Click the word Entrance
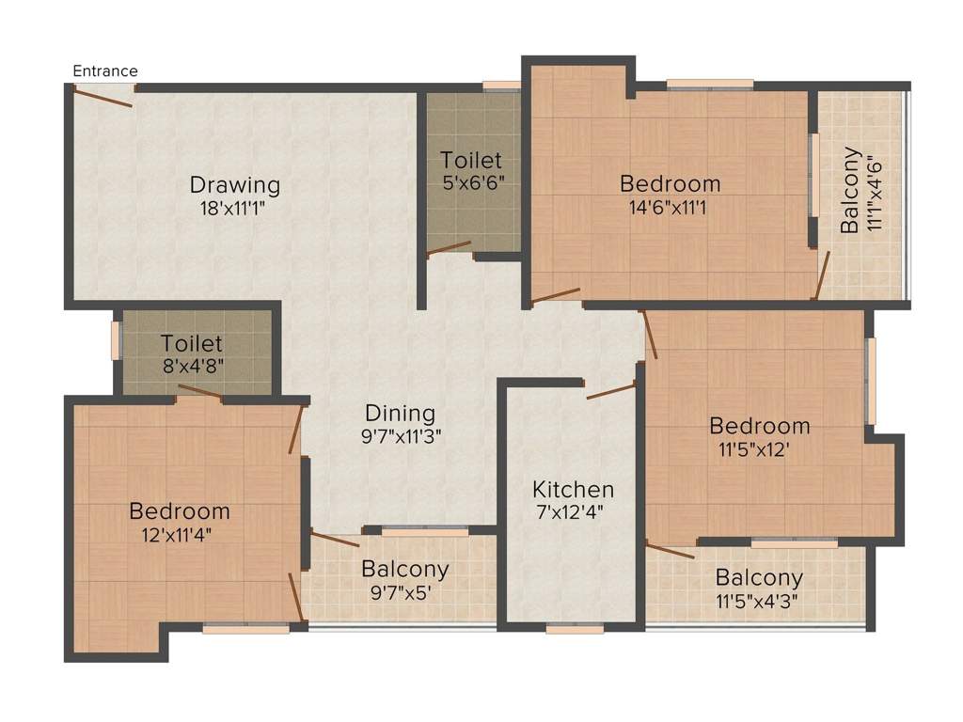click(105, 71)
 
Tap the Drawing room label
click(235, 183)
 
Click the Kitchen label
click(574, 489)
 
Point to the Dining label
click(401, 413)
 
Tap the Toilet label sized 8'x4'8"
click(192, 343)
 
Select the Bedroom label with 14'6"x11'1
click(670, 182)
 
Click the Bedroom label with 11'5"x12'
click(760, 425)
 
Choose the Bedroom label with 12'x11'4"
click(180, 511)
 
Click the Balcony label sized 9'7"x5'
click(405, 569)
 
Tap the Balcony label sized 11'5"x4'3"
click(759, 577)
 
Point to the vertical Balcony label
click(850, 190)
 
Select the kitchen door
click(610, 390)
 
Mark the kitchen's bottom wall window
click(575, 629)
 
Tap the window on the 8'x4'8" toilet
click(117, 339)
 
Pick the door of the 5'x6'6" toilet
click(449, 248)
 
